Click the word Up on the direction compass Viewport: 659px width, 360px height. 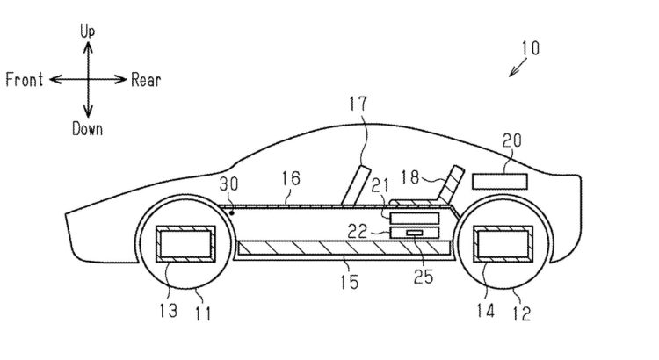[x=87, y=30]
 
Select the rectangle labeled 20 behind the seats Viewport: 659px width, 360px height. [x=501, y=181]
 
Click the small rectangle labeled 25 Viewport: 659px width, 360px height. [x=414, y=234]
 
